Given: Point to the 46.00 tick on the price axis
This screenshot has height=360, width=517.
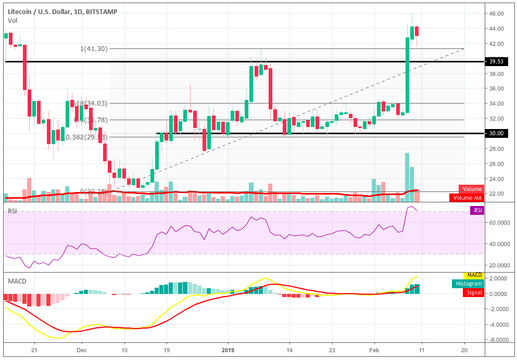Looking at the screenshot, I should point(497,14).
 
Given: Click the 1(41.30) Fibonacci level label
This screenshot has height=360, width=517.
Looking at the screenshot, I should point(93,48).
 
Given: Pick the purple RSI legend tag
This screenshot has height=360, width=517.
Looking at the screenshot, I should point(476,210).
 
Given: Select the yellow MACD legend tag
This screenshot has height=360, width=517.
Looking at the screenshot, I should point(473,275).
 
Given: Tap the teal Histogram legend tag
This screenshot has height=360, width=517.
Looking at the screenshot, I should point(468,283).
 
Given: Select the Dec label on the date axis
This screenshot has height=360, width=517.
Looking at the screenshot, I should point(82,351).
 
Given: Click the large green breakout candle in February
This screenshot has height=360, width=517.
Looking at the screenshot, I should point(407,75).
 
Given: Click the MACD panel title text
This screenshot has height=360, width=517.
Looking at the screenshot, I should point(17,281).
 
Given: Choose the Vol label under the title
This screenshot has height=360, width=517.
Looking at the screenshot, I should point(12,20).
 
